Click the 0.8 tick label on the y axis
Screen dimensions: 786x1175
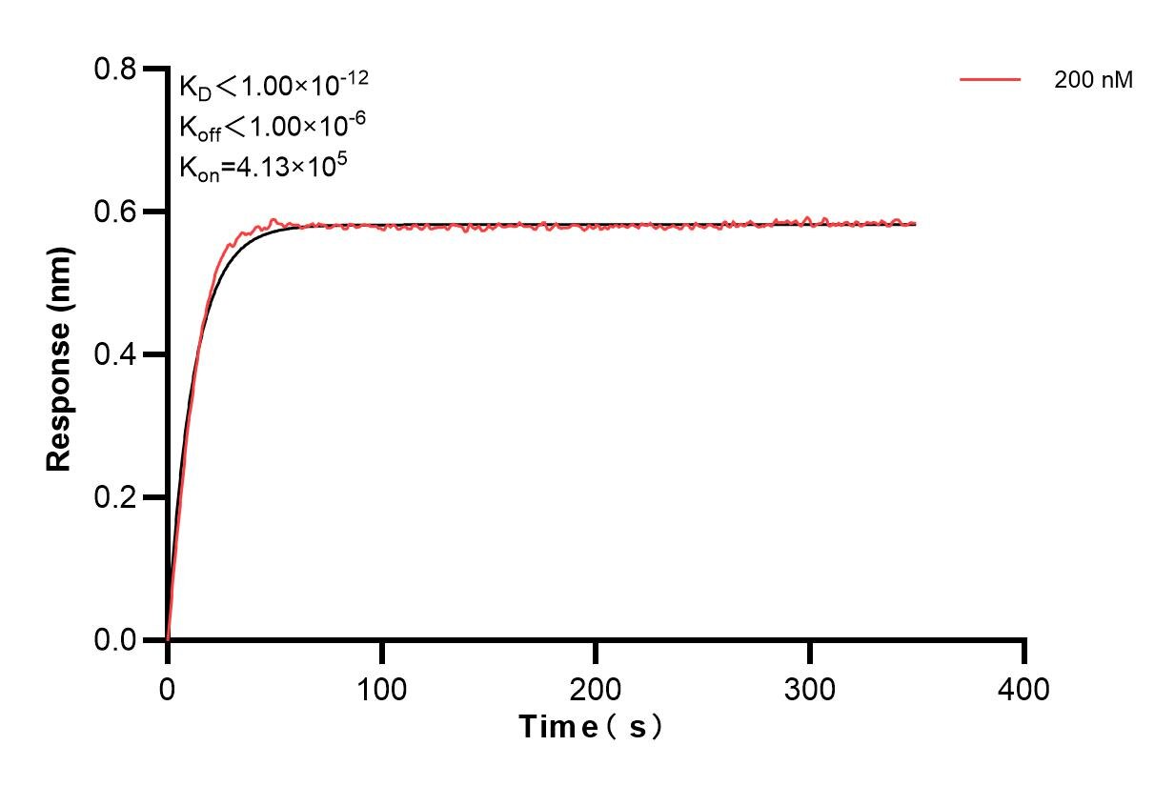coord(114,70)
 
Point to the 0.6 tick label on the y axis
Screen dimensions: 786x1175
coord(114,212)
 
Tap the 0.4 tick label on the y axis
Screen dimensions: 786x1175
coord(114,354)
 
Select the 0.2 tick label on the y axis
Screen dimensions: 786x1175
coord(114,497)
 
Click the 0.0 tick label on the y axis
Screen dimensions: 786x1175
coord(114,640)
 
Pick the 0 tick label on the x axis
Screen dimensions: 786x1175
coord(168,688)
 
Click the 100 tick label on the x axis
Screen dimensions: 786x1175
coord(381,688)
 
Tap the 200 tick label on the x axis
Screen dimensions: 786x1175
coord(596,688)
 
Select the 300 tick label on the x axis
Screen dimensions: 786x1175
coord(810,688)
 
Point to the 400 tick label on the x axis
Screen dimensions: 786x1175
coord(1024,688)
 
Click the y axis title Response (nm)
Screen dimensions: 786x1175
coord(59,354)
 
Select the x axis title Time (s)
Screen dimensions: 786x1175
coord(591,728)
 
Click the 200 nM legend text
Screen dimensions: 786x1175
coord(1093,81)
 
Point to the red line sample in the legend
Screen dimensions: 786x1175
coord(990,80)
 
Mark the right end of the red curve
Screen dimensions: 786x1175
coord(916,223)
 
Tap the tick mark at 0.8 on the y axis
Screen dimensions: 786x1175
coord(152,70)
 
